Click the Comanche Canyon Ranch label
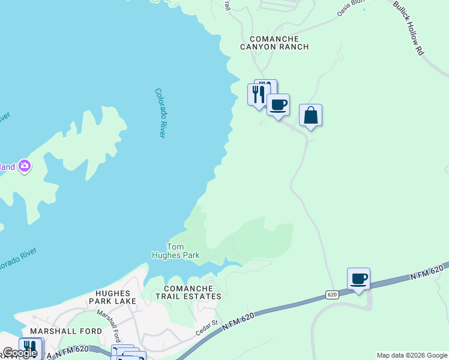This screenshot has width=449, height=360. pos(274,43)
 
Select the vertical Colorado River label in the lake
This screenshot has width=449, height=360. pos(160,113)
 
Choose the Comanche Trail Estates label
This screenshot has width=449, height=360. pos(188,292)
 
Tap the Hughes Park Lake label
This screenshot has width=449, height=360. pos(113,296)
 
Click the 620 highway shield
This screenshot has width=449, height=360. pos(333,295)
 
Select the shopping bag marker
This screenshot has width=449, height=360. pos(310,115)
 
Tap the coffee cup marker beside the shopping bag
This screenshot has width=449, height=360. pos(278,105)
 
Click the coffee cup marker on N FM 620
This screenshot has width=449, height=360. pos(358,278)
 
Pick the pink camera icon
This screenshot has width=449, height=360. pos(25,166)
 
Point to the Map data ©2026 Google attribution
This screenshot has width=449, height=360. pos(412,355)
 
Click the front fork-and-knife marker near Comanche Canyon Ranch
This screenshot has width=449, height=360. pos(259,94)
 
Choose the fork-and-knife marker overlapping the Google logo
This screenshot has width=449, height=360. pos(29,349)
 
